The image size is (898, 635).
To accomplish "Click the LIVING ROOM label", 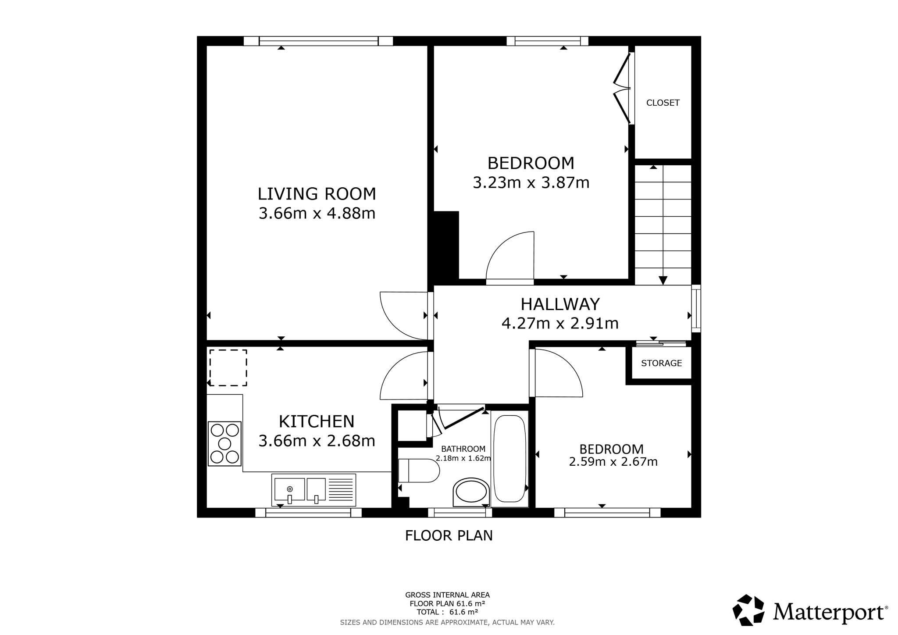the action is pyautogui.click(x=317, y=194).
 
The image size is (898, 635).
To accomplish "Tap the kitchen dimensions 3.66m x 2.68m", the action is pyautogui.click(x=317, y=441).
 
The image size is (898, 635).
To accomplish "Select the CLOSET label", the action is pyautogui.click(x=663, y=103).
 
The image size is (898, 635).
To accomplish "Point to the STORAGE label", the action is pyautogui.click(x=661, y=363).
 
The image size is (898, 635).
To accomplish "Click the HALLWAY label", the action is pyautogui.click(x=560, y=304).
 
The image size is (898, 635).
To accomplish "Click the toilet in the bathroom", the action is pyautogui.click(x=419, y=471).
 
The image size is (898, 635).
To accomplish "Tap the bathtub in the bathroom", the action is pyautogui.click(x=510, y=458).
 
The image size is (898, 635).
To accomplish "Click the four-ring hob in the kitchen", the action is pyautogui.click(x=224, y=443).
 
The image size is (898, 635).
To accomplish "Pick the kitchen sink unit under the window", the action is pyautogui.click(x=314, y=490).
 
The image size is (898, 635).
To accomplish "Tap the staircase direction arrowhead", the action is pyautogui.click(x=663, y=280).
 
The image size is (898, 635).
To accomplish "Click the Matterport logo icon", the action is pyautogui.click(x=748, y=610).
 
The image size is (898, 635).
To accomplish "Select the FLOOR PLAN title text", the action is pyautogui.click(x=449, y=535).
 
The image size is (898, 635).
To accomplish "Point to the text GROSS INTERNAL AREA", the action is pyautogui.click(x=447, y=595).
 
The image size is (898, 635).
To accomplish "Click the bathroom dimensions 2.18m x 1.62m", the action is pyautogui.click(x=463, y=458).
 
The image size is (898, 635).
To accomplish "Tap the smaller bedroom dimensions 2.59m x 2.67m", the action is pyautogui.click(x=613, y=462).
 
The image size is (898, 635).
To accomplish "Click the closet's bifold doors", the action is pyautogui.click(x=620, y=88).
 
